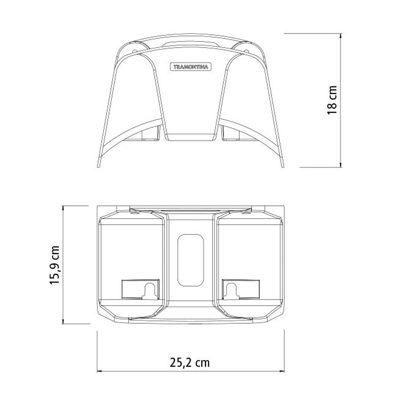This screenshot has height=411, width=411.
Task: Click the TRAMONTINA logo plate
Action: click(190, 67)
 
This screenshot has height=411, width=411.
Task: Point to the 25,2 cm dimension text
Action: click(189, 362)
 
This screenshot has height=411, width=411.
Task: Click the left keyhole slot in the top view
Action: click(150, 290)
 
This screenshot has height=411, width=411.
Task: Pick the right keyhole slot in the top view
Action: click(231, 290)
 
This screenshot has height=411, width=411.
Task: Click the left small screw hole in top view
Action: click(136, 213)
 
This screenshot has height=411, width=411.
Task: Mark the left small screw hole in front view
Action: click(134, 51)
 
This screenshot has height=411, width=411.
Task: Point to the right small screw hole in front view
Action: click(247, 51)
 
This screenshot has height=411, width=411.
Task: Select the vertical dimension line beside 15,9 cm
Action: click(63, 265)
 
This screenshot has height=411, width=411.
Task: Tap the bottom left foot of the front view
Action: click(99, 163)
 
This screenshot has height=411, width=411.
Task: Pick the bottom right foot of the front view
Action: click(282, 163)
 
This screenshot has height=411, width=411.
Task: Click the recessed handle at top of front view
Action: click(190, 44)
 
